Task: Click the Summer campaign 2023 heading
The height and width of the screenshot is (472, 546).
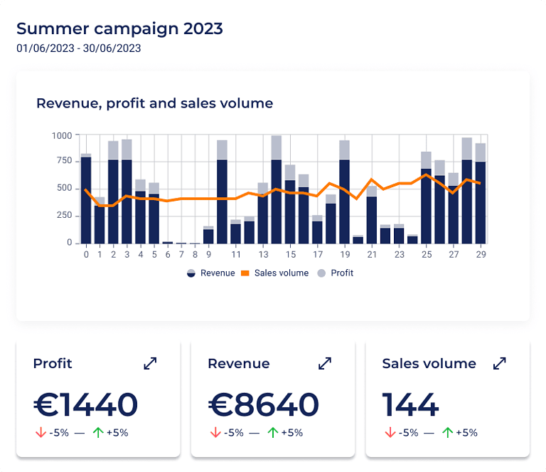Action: point(119,28)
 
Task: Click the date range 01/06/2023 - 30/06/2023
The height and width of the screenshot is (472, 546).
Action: point(78,49)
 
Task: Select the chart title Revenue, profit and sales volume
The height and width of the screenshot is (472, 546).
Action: point(154,103)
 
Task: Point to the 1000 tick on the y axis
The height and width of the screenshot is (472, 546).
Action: point(62,135)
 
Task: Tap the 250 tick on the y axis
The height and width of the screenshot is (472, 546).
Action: point(64,215)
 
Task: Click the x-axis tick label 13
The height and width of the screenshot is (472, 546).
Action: point(263,254)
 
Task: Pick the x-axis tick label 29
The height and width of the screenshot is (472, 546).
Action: point(481,254)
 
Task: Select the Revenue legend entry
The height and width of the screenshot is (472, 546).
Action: point(210,273)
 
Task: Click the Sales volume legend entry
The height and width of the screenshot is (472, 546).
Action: point(276,273)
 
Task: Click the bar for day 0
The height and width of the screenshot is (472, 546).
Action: point(86,199)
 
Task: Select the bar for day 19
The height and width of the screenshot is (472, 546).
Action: point(345,199)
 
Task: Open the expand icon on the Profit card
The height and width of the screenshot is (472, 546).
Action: point(150,363)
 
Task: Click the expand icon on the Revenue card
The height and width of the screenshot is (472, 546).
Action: point(325,363)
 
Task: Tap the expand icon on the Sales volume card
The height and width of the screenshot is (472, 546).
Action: point(500,363)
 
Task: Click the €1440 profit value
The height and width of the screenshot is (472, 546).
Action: point(85,404)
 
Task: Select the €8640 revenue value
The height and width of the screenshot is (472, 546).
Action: point(263,404)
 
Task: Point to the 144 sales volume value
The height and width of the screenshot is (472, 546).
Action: point(410,404)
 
